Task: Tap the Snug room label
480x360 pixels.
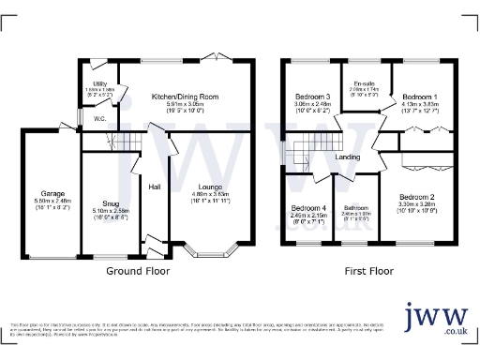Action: coord(111,201)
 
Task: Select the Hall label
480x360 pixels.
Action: coord(155,187)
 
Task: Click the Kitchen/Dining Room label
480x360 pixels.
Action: coord(185,97)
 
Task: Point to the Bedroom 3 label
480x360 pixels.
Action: coord(312,97)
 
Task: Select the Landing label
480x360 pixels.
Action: coord(348,157)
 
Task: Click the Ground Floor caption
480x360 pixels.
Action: coord(138,270)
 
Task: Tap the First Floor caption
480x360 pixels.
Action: coord(368,270)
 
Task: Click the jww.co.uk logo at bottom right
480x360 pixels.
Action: coord(437,321)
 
